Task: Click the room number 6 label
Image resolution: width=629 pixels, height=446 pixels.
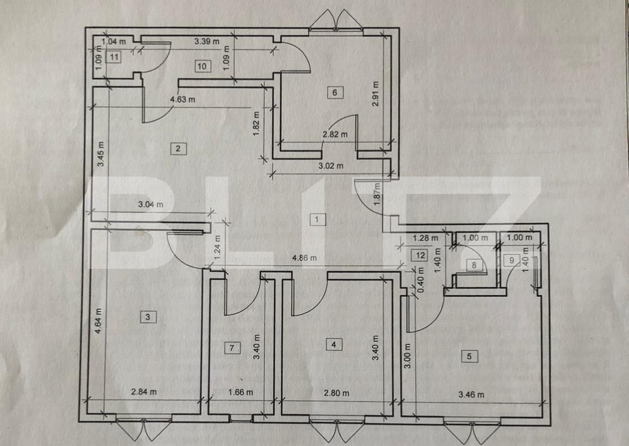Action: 335,92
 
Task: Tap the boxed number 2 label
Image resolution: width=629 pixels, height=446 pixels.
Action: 178,148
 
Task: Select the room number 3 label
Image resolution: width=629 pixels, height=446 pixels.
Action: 147,317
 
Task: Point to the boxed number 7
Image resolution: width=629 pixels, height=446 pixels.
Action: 231,348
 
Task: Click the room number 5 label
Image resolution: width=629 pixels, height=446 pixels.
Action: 469,356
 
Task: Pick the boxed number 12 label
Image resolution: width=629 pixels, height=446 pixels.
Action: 419,256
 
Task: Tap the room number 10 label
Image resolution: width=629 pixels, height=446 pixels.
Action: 202,66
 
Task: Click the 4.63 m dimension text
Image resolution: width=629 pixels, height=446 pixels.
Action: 182,100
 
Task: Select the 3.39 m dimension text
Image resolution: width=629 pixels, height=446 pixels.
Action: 207,41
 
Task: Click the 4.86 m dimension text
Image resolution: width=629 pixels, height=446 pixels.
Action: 304,258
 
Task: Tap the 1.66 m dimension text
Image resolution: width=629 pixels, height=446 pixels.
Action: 240,392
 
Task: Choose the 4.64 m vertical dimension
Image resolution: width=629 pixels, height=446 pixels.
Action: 99,322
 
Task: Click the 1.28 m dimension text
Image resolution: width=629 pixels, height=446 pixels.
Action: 426,238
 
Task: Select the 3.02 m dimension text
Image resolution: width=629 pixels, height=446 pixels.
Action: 331,166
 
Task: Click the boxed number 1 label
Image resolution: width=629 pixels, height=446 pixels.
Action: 318,219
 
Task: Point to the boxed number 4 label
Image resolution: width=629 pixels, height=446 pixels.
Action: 334,344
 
